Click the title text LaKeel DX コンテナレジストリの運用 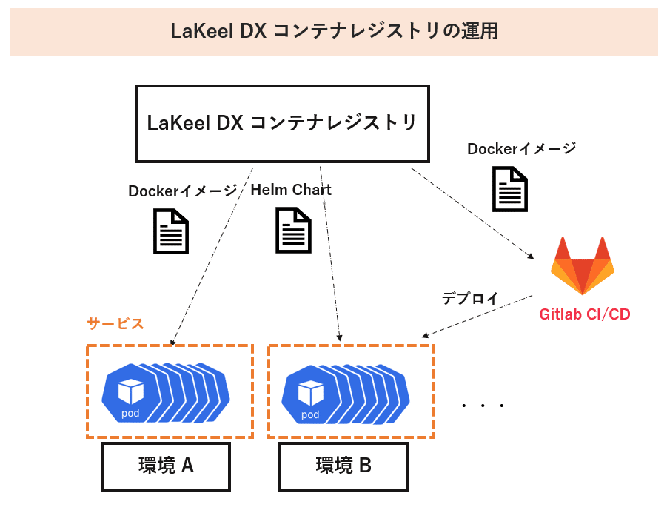click(334, 31)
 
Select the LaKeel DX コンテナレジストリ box click(282, 124)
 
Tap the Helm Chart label click(291, 190)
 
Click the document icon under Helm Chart click(293, 230)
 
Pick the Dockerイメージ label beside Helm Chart click(183, 191)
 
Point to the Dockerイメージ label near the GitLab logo click(521, 149)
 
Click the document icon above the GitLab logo click(510, 189)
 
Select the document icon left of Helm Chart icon click(171, 231)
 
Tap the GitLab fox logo click(583, 265)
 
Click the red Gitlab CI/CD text click(585, 314)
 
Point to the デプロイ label click(470, 298)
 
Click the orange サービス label click(115, 323)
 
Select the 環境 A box click(166, 466)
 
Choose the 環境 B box click(343, 466)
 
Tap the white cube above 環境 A click(130, 391)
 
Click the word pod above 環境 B click(310, 414)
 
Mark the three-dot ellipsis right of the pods click(483, 406)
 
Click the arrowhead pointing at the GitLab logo click(531, 256)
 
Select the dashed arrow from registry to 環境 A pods click(212, 257)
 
